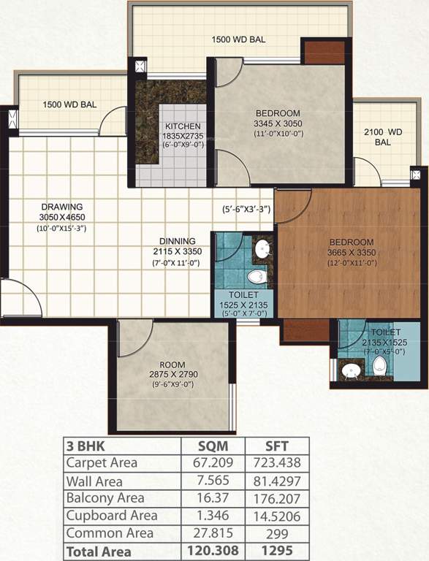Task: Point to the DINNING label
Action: pyautogui.click(x=178, y=241)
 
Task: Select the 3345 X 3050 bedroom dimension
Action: pyautogui.click(x=277, y=123)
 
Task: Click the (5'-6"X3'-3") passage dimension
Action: pyautogui.click(x=247, y=210)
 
